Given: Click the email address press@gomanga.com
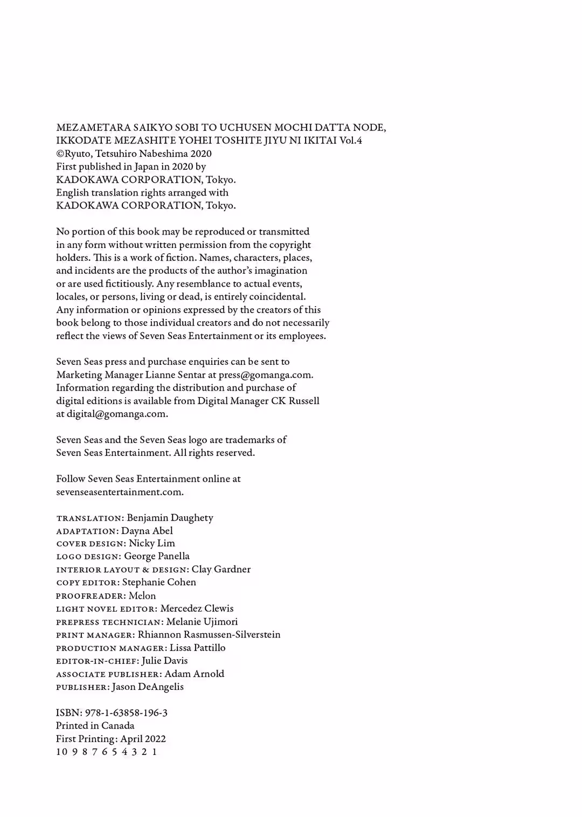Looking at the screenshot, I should point(265,375).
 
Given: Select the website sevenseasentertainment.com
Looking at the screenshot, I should point(120,492).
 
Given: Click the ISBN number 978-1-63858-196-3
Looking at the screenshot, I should point(126,713).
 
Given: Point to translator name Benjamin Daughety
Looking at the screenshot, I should point(170,518).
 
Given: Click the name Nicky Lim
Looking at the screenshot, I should point(152,543).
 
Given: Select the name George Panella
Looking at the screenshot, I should point(157,556).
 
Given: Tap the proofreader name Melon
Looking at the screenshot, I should point(142,596).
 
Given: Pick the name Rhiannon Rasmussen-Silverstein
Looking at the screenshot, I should point(209,635).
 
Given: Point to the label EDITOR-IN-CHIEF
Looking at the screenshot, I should point(97,661).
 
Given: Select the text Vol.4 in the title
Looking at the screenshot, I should point(351,141).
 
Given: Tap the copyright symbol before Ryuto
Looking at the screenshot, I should point(60,154).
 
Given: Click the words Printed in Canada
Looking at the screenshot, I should point(95,726).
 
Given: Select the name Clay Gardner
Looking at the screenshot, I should point(221,570).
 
